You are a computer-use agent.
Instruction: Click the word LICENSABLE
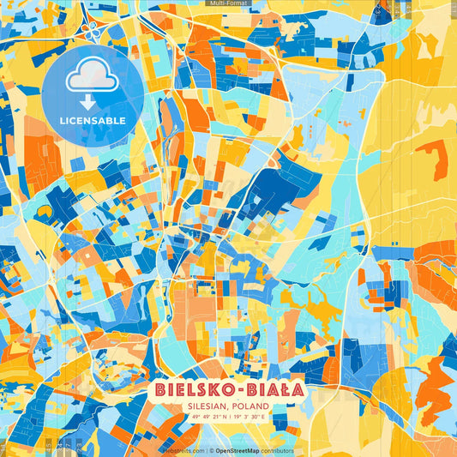click(x=93, y=121)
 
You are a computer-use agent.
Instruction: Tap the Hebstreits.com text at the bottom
click(x=183, y=450)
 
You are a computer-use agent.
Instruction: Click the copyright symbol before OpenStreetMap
click(x=211, y=450)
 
